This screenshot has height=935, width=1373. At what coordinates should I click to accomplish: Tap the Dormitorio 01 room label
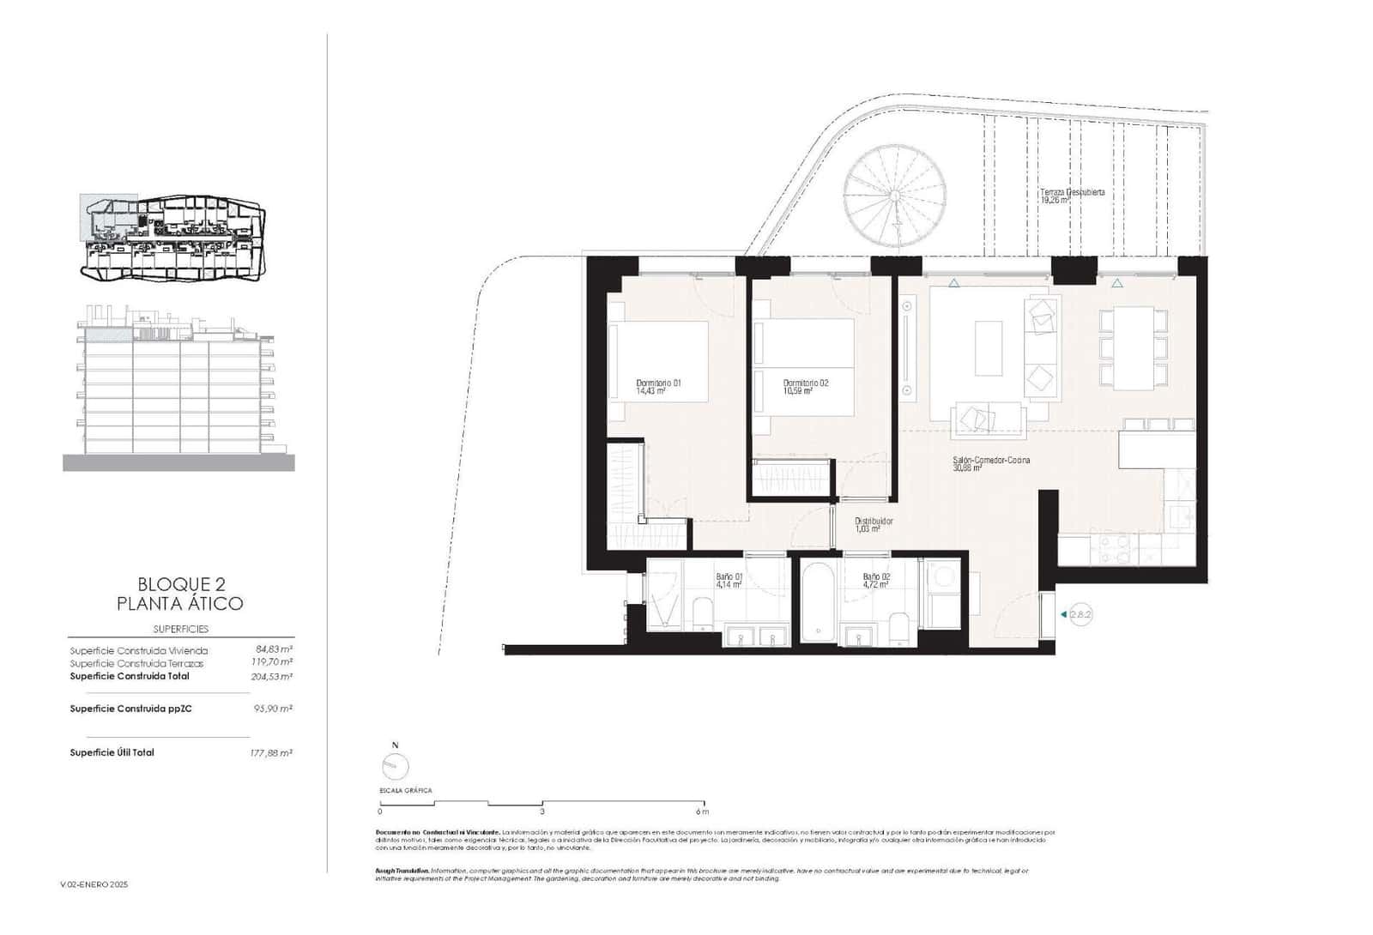[x=658, y=387]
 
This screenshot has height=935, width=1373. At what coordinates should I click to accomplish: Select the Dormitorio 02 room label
[x=806, y=387]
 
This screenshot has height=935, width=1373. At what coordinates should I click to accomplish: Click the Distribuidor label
[x=874, y=525]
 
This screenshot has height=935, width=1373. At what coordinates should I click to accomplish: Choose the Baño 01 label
[x=729, y=581]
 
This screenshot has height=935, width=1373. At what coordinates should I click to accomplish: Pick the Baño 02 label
[x=876, y=581]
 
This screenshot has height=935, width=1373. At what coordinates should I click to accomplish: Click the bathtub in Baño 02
[x=819, y=600]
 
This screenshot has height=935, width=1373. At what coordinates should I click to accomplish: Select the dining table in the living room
[x=1134, y=347]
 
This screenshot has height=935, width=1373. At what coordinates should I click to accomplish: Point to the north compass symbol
[x=395, y=765]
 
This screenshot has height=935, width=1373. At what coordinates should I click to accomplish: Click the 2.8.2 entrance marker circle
[x=1081, y=614]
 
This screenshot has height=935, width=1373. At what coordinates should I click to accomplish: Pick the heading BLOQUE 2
[x=179, y=584]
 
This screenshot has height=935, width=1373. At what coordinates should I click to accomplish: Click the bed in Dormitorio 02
[x=803, y=367]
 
